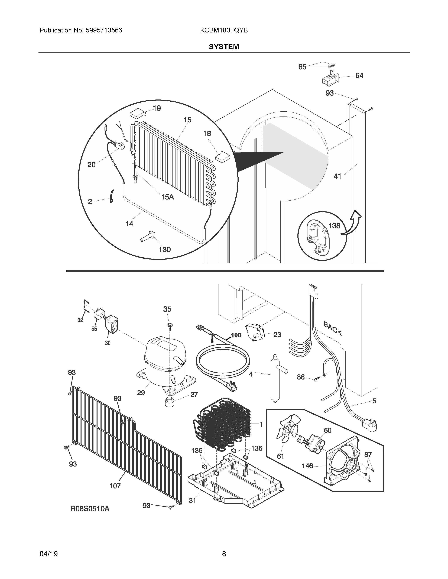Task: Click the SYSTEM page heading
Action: pyautogui.click(x=224, y=47)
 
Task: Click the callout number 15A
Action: pyautogui.click(x=167, y=197)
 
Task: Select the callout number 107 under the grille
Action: pyautogui.click(x=115, y=486)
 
